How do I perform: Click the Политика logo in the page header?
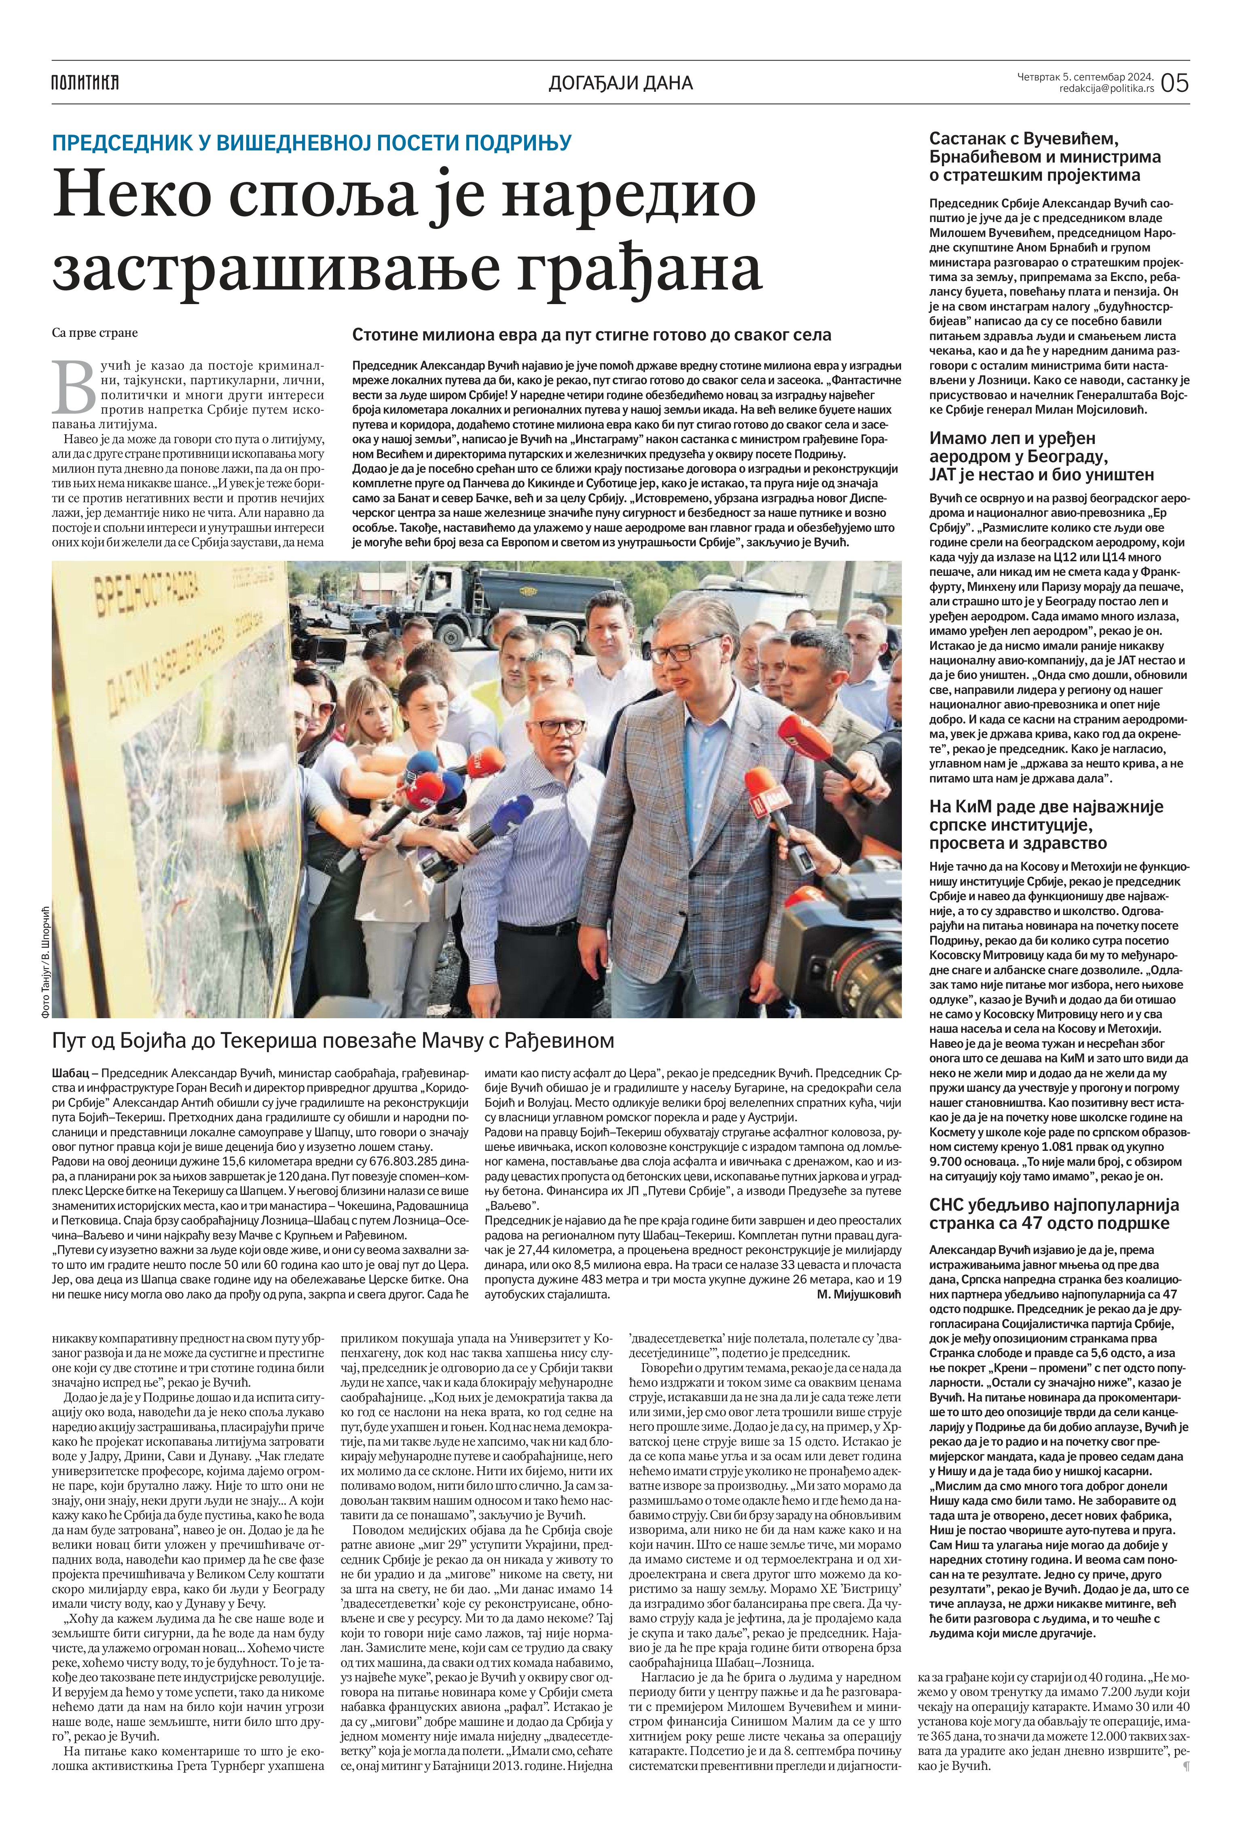85,82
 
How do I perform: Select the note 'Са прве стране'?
95,332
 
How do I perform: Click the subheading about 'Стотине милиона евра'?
591,335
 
